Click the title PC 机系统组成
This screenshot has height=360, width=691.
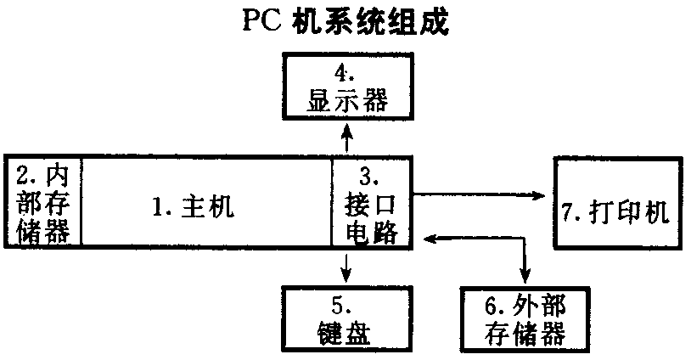click(x=345, y=20)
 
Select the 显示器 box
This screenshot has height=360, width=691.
click(x=346, y=87)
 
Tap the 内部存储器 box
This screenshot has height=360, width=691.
click(x=43, y=201)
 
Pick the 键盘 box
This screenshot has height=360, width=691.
click(x=346, y=317)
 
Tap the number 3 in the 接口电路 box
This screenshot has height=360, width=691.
click(x=366, y=177)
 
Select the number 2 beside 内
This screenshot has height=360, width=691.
click(x=25, y=178)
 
